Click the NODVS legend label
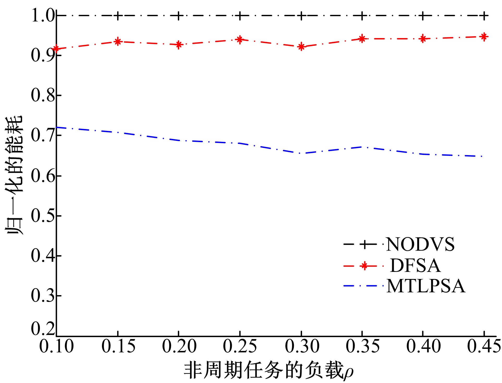[420, 244]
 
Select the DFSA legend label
[415, 266]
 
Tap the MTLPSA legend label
[426, 286]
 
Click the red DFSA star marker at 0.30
[301, 47]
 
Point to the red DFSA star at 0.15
[118, 41]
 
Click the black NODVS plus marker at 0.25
[240, 16]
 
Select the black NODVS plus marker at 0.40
[423, 16]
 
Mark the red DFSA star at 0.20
[179, 45]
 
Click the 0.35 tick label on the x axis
[363, 346]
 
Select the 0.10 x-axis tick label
[57, 346]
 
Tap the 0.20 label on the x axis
[179, 346]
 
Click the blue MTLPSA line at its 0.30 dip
[301, 153]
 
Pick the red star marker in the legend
[364, 266]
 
